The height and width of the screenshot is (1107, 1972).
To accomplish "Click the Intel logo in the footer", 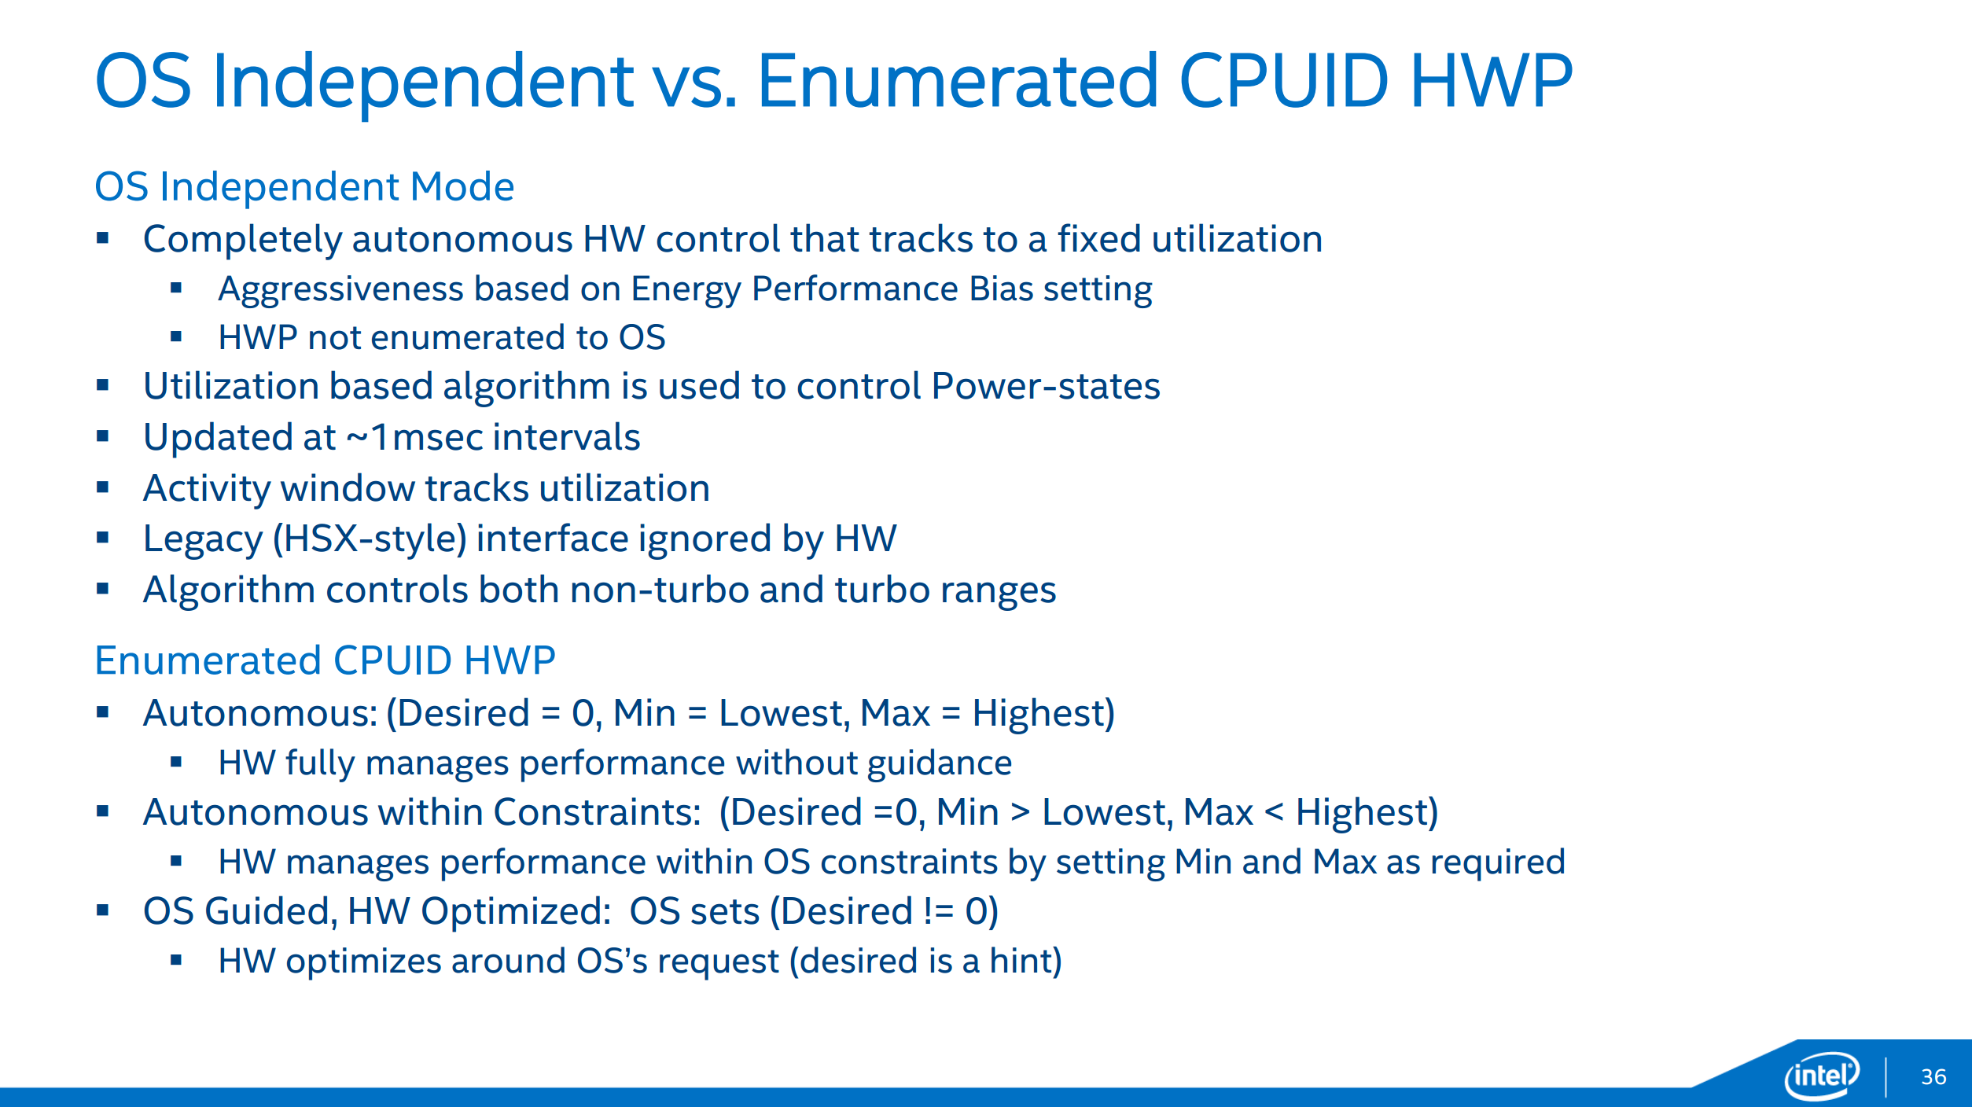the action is [x=1823, y=1076].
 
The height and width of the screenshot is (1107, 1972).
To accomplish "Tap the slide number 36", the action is [x=1933, y=1077].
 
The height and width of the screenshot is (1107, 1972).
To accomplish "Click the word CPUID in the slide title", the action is [x=1284, y=80].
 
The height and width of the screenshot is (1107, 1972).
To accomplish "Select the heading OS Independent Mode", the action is [x=304, y=187].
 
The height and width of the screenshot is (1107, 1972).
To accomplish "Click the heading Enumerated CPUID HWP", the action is [x=325, y=660].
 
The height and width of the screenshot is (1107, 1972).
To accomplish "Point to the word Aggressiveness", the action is [x=340, y=290].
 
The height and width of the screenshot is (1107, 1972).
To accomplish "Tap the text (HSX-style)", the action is [x=370, y=540].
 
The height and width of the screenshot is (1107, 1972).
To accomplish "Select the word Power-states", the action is [x=1046, y=387].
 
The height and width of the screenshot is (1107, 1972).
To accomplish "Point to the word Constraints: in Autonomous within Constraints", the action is [x=597, y=812].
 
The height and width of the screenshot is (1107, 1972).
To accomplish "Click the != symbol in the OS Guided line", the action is [x=939, y=911].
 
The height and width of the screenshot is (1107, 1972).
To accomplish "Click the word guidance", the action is [x=940, y=764].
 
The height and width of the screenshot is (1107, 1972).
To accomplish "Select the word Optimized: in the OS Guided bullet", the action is [x=516, y=913].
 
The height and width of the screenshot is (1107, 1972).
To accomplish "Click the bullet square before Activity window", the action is [x=102, y=487].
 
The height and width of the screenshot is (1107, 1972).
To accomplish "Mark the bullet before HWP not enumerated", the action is [x=176, y=337].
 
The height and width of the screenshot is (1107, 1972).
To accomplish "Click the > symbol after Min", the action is [x=1020, y=812].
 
